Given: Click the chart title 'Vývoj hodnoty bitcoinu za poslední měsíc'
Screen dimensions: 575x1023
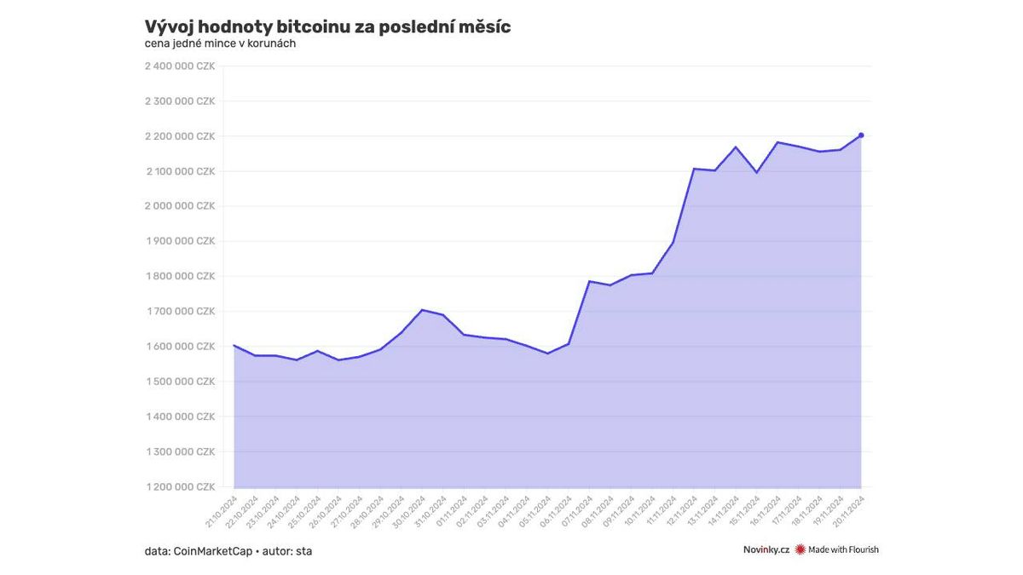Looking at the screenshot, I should point(327,26).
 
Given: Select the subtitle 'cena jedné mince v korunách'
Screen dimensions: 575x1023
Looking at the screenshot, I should point(220,43).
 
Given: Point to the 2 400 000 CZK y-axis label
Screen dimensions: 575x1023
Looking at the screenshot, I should point(180,66).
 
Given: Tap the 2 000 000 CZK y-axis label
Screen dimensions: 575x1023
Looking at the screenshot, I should point(180,206).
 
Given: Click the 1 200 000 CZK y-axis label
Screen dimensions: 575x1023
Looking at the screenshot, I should point(180,487).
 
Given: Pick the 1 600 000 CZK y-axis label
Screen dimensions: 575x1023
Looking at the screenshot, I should point(180,347).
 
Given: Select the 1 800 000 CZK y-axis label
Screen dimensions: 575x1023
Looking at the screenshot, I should point(180,276).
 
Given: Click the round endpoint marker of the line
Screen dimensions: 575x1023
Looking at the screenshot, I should point(861,135).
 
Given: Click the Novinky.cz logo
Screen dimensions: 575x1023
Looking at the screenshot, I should point(766,550).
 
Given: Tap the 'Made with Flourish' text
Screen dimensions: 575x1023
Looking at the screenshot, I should point(843,550).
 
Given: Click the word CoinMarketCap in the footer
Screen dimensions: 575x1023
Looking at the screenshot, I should point(212,551).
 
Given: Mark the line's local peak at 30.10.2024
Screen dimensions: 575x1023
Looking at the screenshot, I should point(423,310).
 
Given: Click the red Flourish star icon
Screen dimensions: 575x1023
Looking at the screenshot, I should point(800,550).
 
